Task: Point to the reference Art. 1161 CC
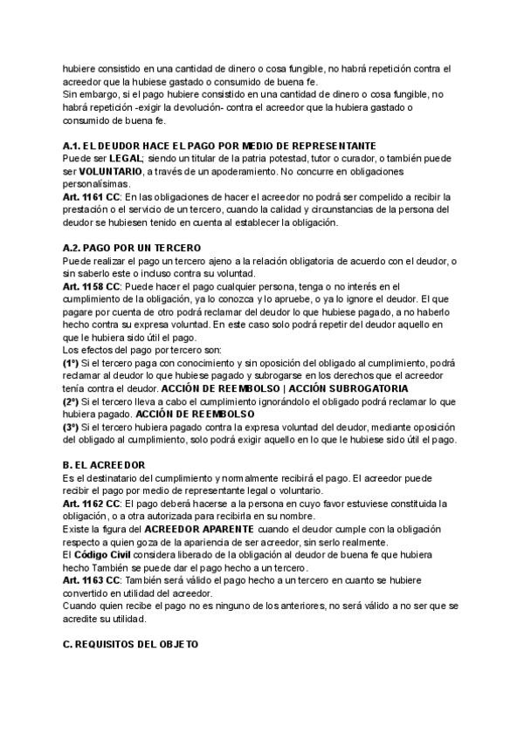point(91,198)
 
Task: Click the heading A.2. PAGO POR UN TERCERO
point(131,249)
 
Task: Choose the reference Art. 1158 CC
point(91,286)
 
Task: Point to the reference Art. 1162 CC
point(91,504)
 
